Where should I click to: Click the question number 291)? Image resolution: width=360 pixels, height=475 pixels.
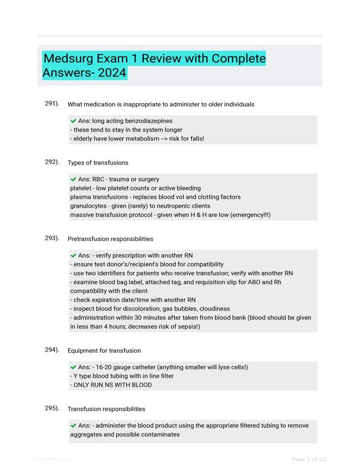click(52, 103)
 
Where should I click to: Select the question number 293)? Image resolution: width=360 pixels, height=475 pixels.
click(52, 238)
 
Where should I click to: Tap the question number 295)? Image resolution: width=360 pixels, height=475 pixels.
click(52, 408)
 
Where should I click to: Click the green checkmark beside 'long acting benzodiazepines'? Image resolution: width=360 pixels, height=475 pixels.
click(73, 121)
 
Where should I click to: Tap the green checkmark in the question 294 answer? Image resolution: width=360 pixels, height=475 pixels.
click(73, 367)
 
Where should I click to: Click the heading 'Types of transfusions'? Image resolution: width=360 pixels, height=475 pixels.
click(98, 163)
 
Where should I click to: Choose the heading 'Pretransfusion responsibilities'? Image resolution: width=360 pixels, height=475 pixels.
click(110, 239)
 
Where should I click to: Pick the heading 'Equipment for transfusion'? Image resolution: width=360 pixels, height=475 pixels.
click(105, 351)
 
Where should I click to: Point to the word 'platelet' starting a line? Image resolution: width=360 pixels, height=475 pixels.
click(81, 188)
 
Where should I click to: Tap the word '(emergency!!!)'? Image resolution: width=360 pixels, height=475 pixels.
click(250, 215)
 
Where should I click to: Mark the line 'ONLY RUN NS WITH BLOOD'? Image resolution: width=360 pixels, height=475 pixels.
click(111, 385)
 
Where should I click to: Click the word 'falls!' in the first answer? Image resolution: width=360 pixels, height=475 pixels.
click(195, 139)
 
